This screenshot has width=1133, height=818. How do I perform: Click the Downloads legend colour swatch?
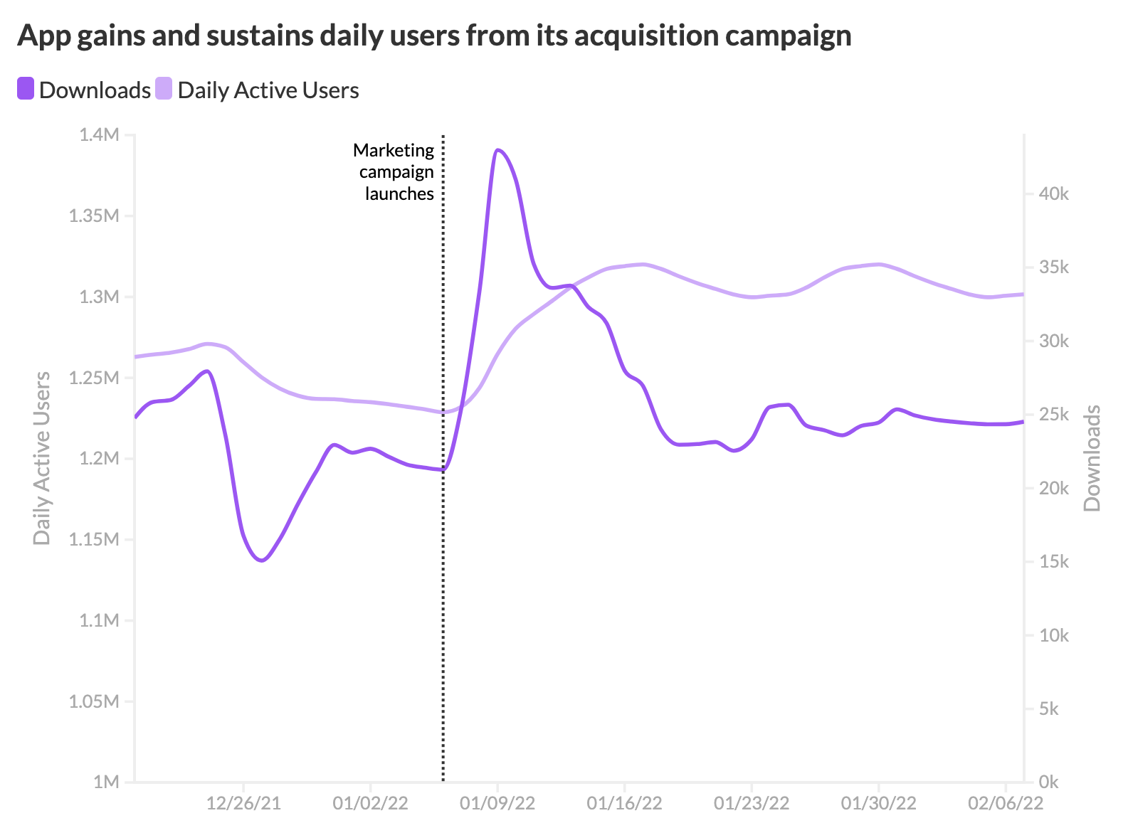tap(26, 89)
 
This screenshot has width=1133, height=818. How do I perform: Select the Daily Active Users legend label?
tap(268, 90)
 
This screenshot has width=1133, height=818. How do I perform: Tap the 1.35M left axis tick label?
tap(94, 216)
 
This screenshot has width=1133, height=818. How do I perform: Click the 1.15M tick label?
tap(94, 539)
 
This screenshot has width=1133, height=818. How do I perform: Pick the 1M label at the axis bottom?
tap(106, 782)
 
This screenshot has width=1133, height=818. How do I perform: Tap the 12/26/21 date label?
tap(243, 803)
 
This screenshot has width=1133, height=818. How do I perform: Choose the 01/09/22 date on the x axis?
tap(497, 803)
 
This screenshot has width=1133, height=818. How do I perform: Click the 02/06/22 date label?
tap(1005, 803)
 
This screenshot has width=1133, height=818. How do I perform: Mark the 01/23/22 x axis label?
tap(752, 803)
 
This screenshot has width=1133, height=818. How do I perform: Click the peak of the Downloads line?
tap(497, 150)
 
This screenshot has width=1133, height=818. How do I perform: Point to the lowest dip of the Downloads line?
tap(262, 561)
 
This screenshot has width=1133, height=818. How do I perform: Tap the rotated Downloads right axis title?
tap(1092, 458)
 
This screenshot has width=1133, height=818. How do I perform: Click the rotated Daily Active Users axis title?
tap(42, 458)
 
